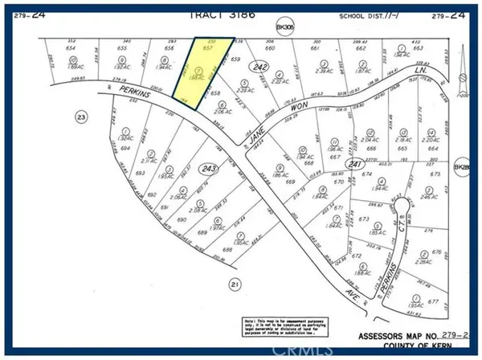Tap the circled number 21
[234, 284]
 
